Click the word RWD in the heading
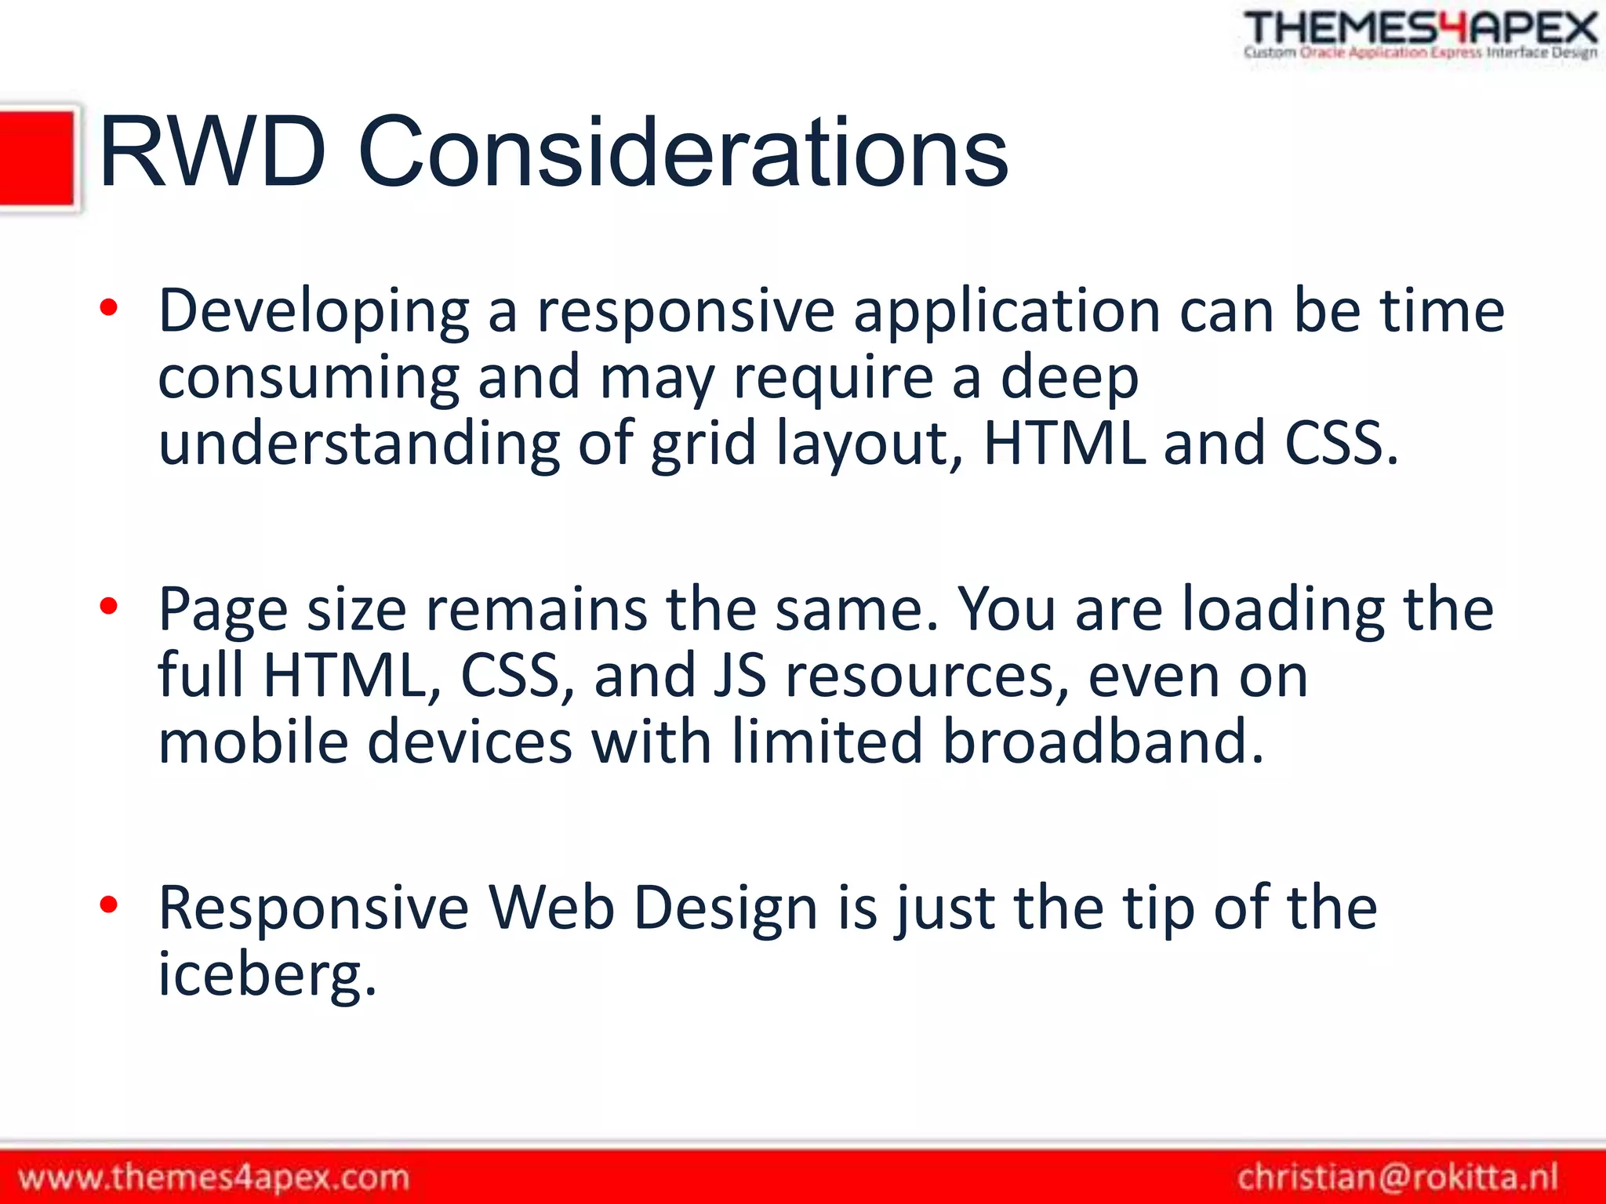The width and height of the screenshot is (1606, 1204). (x=212, y=152)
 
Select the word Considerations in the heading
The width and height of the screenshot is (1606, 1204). (x=682, y=152)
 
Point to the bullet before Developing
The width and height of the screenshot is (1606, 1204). (x=108, y=308)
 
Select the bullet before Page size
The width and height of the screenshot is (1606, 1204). (x=108, y=606)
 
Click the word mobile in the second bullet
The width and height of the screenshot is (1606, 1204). (x=253, y=742)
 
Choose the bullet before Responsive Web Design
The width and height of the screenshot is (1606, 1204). (x=108, y=905)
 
